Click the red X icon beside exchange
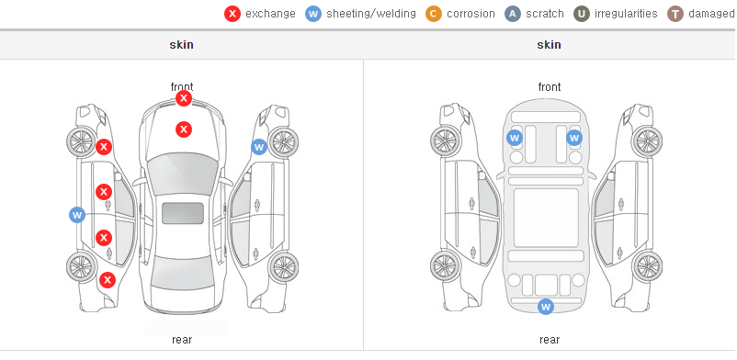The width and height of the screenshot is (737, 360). pyautogui.click(x=232, y=14)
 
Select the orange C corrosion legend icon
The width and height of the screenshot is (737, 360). pyautogui.click(x=434, y=14)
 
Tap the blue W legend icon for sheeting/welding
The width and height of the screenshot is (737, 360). pyautogui.click(x=313, y=14)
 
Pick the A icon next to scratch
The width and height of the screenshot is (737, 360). pyautogui.click(x=513, y=14)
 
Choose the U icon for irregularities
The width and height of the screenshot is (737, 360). pyautogui.click(x=582, y=14)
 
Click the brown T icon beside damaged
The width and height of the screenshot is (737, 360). pyautogui.click(x=675, y=14)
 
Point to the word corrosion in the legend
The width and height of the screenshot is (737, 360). pyautogui.click(x=471, y=14)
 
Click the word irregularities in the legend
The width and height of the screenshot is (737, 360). pyautogui.click(x=626, y=14)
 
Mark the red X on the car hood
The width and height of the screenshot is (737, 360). pyautogui.click(x=184, y=129)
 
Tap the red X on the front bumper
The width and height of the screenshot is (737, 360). pyautogui.click(x=184, y=98)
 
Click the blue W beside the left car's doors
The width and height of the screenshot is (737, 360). pyautogui.click(x=77, y=215)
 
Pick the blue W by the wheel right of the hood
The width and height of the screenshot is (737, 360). pyautogui.click(x=259, y=147)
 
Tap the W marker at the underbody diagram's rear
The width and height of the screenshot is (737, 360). pyautogui.click(x=545, y=307)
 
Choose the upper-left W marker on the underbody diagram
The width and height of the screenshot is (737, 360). pyautogui.click(x=515, y=138)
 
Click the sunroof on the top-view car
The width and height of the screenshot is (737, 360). pyautogui.click(x=183, y=213)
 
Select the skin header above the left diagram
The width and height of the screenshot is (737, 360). pyautogui.click(x=181, y=45)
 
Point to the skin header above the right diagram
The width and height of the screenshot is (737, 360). pyautogui.click(x=549, y=45)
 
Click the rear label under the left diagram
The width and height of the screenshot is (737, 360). pyautogui.click(x=182, y=340)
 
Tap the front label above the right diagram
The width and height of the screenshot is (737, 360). pyautogui.click(x=550, y=87)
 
